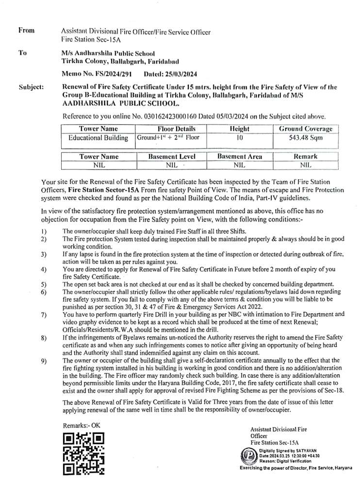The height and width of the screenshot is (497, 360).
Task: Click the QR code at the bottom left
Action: point(84,454)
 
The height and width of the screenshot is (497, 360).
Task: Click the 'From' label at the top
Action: point(27,31)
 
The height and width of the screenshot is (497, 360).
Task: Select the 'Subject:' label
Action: point(31,88)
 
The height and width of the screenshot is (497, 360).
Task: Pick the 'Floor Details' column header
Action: point(176,129)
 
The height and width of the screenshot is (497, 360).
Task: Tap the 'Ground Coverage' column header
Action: point(306,129)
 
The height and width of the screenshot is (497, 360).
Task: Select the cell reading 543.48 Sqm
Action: point(306,138)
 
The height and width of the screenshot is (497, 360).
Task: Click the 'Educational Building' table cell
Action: point(98,138)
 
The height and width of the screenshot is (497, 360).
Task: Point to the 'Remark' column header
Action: point(306,157)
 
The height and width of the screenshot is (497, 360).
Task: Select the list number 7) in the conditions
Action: point(44,315)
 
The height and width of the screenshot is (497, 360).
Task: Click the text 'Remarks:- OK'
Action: point(82,425)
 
